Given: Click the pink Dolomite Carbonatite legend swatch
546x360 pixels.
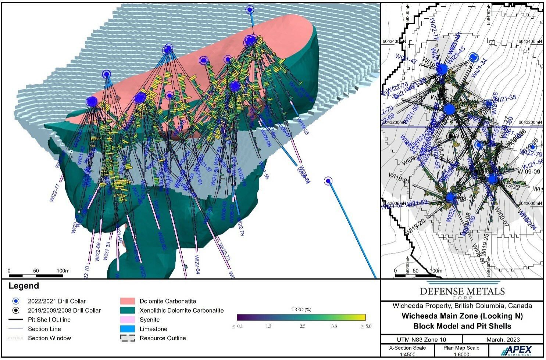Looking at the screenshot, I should (x=127, y=301).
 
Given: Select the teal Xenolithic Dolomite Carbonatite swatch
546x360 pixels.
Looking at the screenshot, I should (x=127, y=310).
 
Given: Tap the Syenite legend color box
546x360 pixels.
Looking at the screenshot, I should (x=127, y=320).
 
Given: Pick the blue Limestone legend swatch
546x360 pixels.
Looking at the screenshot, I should (x=127, y=329).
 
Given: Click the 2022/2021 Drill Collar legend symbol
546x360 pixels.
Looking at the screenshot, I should (x=15, y=301).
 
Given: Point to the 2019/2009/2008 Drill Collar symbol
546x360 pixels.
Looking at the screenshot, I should (x=15, y=310).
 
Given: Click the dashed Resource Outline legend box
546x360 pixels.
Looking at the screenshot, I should (x=127, y=338).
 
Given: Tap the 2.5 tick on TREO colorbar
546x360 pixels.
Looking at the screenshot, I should (x=302, y=326).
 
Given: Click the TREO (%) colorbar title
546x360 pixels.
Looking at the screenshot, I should (x=301, y=309).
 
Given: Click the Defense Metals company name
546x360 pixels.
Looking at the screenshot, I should (x=462, y=291).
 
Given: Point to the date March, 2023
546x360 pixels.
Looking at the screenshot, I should (x=503, y=339).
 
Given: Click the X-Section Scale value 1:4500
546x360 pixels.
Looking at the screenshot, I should (x=407, y=354).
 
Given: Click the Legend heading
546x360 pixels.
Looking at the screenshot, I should (x=24, y=286).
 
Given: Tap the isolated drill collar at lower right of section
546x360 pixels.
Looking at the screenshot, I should (x=328, y=181).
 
